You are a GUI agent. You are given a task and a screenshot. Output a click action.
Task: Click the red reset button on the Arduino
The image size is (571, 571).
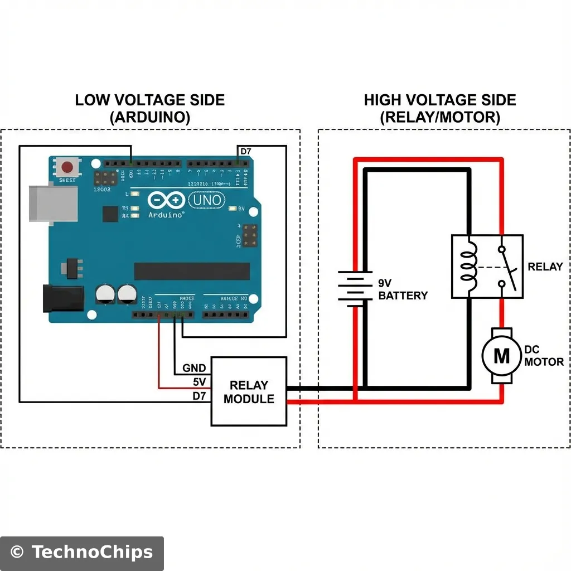68,167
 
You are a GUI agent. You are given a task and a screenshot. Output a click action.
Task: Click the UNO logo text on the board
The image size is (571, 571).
207,200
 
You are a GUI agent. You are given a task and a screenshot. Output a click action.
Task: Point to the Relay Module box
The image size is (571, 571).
249,391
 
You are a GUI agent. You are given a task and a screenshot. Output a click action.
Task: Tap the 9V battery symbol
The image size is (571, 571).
354,288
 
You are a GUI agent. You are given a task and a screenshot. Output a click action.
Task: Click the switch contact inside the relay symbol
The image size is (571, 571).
506,266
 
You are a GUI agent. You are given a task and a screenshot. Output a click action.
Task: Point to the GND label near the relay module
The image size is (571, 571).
195,369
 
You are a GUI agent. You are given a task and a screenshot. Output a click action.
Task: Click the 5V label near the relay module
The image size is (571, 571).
199,382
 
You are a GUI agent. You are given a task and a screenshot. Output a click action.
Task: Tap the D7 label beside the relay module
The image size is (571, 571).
199,395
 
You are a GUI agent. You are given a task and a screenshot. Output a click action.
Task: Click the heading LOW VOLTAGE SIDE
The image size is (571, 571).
150,100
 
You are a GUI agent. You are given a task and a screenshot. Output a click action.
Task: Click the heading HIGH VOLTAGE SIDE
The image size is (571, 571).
440,100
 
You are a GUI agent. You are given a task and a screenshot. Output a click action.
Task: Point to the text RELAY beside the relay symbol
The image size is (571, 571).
545,267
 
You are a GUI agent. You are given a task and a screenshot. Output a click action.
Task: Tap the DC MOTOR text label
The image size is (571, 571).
544,356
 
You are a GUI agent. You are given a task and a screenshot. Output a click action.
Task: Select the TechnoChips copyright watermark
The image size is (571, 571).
81,553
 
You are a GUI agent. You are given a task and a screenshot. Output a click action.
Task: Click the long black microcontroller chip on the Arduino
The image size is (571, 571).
192,272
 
